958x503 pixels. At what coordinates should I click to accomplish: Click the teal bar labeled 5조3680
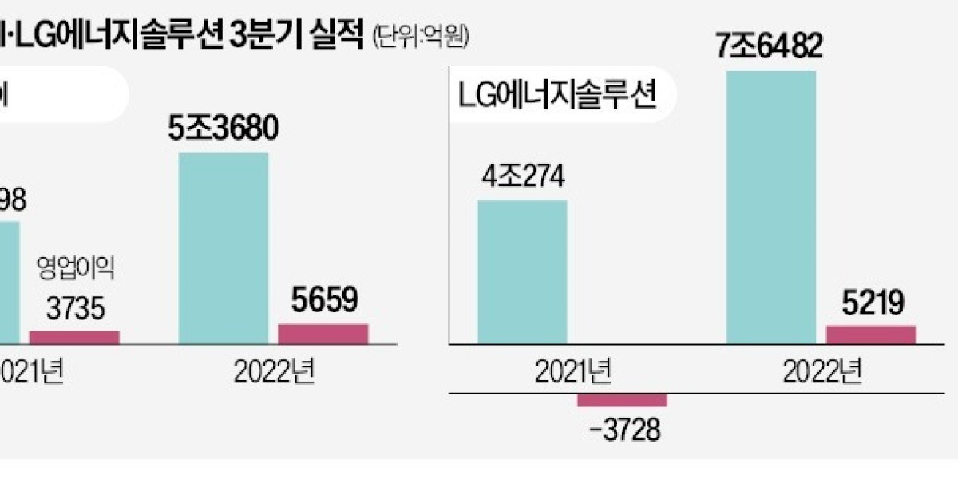[224, 248]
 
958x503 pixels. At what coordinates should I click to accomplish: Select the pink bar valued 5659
[323, 334]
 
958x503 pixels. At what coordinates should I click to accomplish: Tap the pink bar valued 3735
[74, 337]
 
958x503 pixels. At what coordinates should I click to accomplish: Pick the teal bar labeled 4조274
[522, 271]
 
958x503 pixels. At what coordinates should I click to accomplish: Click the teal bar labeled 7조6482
[771, 208]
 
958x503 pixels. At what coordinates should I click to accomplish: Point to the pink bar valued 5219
[871, 335]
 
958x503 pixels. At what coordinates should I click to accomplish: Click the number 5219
[871, 303]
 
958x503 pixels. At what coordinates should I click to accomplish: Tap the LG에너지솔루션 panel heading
[558, 98]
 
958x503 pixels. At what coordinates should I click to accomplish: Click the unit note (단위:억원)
[417, 36]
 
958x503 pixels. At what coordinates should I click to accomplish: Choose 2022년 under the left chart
[273, 371]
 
